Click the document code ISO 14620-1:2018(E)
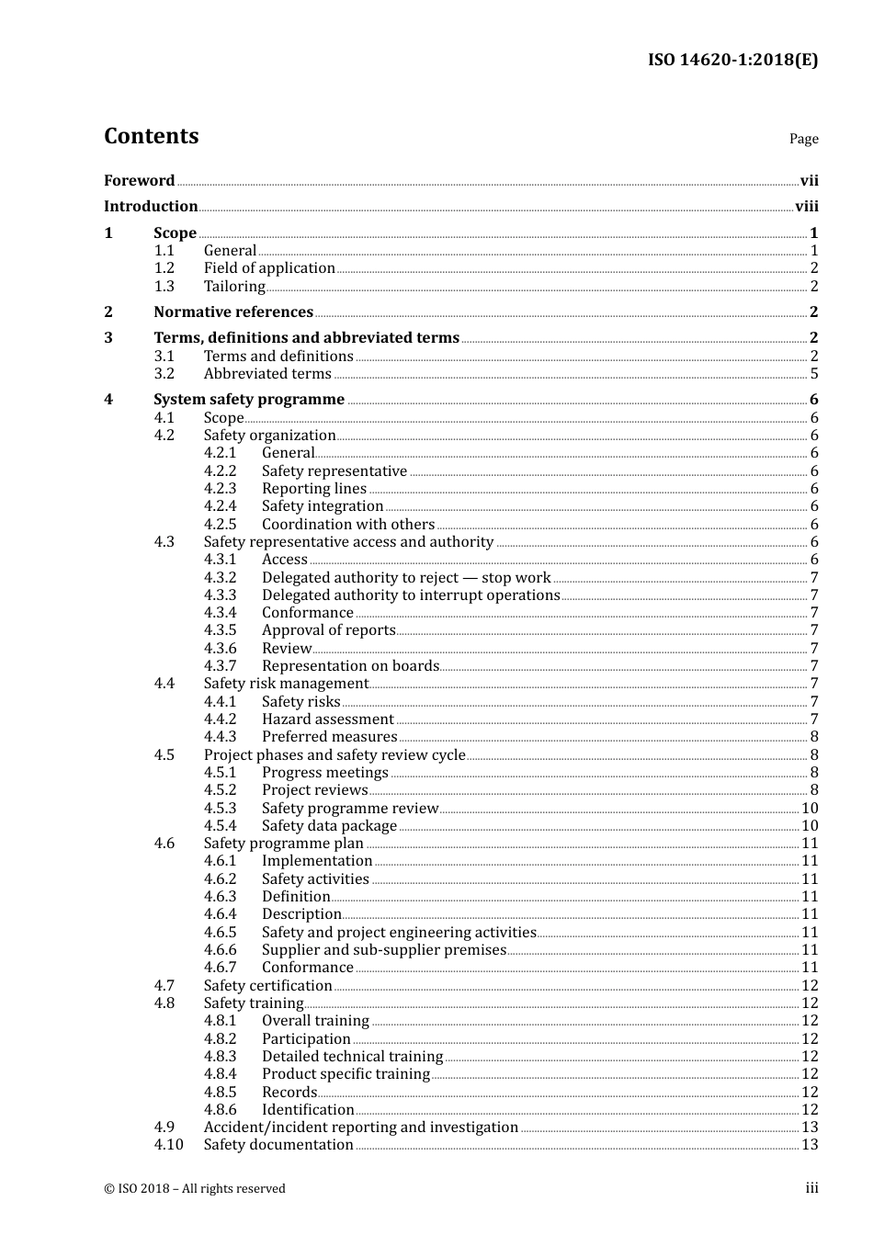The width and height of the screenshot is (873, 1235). [x=732, y=60]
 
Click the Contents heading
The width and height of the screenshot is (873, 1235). [x=151, y=136]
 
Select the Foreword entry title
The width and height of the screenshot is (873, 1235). [x=139, y=181]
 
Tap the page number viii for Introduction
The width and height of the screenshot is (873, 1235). [x=806, y=207]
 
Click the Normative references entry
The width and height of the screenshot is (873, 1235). [x=233, y=312]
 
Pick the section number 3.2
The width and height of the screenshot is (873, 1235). [x=164, y=374]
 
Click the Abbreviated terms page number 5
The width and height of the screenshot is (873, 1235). [x=814, y=374]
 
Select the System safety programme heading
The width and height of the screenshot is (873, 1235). [x=249, y=400]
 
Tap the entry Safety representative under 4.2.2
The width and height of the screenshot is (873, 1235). [x=334, y=471]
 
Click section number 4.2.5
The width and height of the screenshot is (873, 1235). [x=221, y=525]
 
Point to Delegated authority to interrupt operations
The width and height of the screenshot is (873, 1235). [x=411, y=595]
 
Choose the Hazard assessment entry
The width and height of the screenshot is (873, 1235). [x=328, y=719]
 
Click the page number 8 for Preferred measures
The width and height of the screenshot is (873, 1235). [x=814, y=737]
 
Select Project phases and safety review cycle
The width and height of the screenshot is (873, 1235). [x=334, y=755]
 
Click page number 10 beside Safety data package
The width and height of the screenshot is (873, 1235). [x=810, y=826]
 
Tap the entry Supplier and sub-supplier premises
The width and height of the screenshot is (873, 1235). [x=384, y=950]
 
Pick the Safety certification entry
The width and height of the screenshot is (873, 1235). [x=267, y=986]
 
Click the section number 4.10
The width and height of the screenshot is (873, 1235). [x=168, y=1145]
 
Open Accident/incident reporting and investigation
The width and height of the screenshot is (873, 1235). [x=361, y=1127]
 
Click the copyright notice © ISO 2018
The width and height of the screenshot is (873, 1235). [x=195, y=1189]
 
